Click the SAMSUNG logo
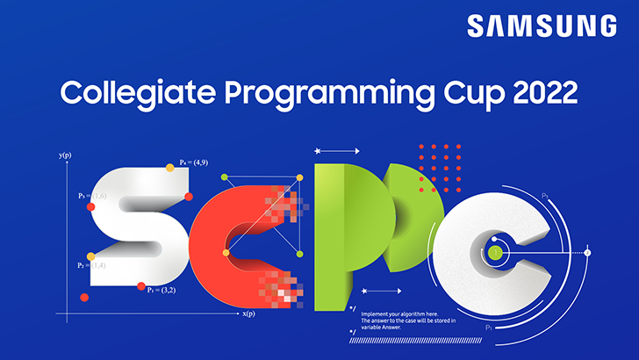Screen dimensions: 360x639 tap(541, 25)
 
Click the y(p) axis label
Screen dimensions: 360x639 tap(65, 155)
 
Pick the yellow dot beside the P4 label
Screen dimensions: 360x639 tap(170, 166)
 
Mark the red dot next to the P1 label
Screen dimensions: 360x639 tap(140, 285)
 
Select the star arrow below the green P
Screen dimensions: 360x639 tap(380, 290)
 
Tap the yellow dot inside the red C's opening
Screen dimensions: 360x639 tap(226, 253)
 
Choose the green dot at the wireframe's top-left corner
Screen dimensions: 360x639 tap(225, 178)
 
